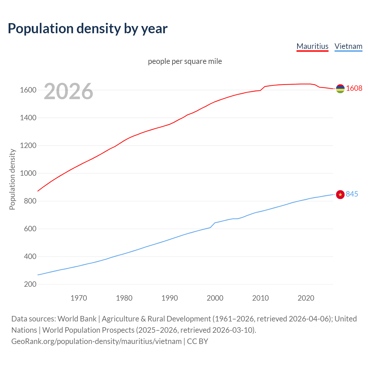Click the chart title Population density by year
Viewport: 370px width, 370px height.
(88, 29)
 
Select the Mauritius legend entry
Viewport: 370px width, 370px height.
(312, 46)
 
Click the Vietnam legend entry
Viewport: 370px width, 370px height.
(348, 46)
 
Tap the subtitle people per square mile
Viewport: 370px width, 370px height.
(185, 61)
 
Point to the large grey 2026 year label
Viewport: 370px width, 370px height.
(69, 91)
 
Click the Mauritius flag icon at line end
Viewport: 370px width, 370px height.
(340, 89)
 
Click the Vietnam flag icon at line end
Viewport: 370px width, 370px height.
(340, 195)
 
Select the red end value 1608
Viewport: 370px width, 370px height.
(354, 88)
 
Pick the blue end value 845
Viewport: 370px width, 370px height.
(352, 194)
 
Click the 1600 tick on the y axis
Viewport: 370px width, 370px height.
(28, 90)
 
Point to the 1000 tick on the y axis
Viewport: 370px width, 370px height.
(28, 173)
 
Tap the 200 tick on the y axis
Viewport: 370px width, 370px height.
(30, 284)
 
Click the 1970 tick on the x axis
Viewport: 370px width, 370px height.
(79, 298)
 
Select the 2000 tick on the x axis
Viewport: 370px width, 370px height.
(215, 298)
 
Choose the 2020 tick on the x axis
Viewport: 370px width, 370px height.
(306, 298)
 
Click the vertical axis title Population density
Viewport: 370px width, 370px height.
(12, 179)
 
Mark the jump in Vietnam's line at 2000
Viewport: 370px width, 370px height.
(213, 225)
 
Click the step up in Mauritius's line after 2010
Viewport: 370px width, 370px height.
(263, 88)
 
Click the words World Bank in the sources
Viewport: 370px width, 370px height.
(77, 319)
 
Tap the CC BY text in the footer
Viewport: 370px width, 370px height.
(197, 341)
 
